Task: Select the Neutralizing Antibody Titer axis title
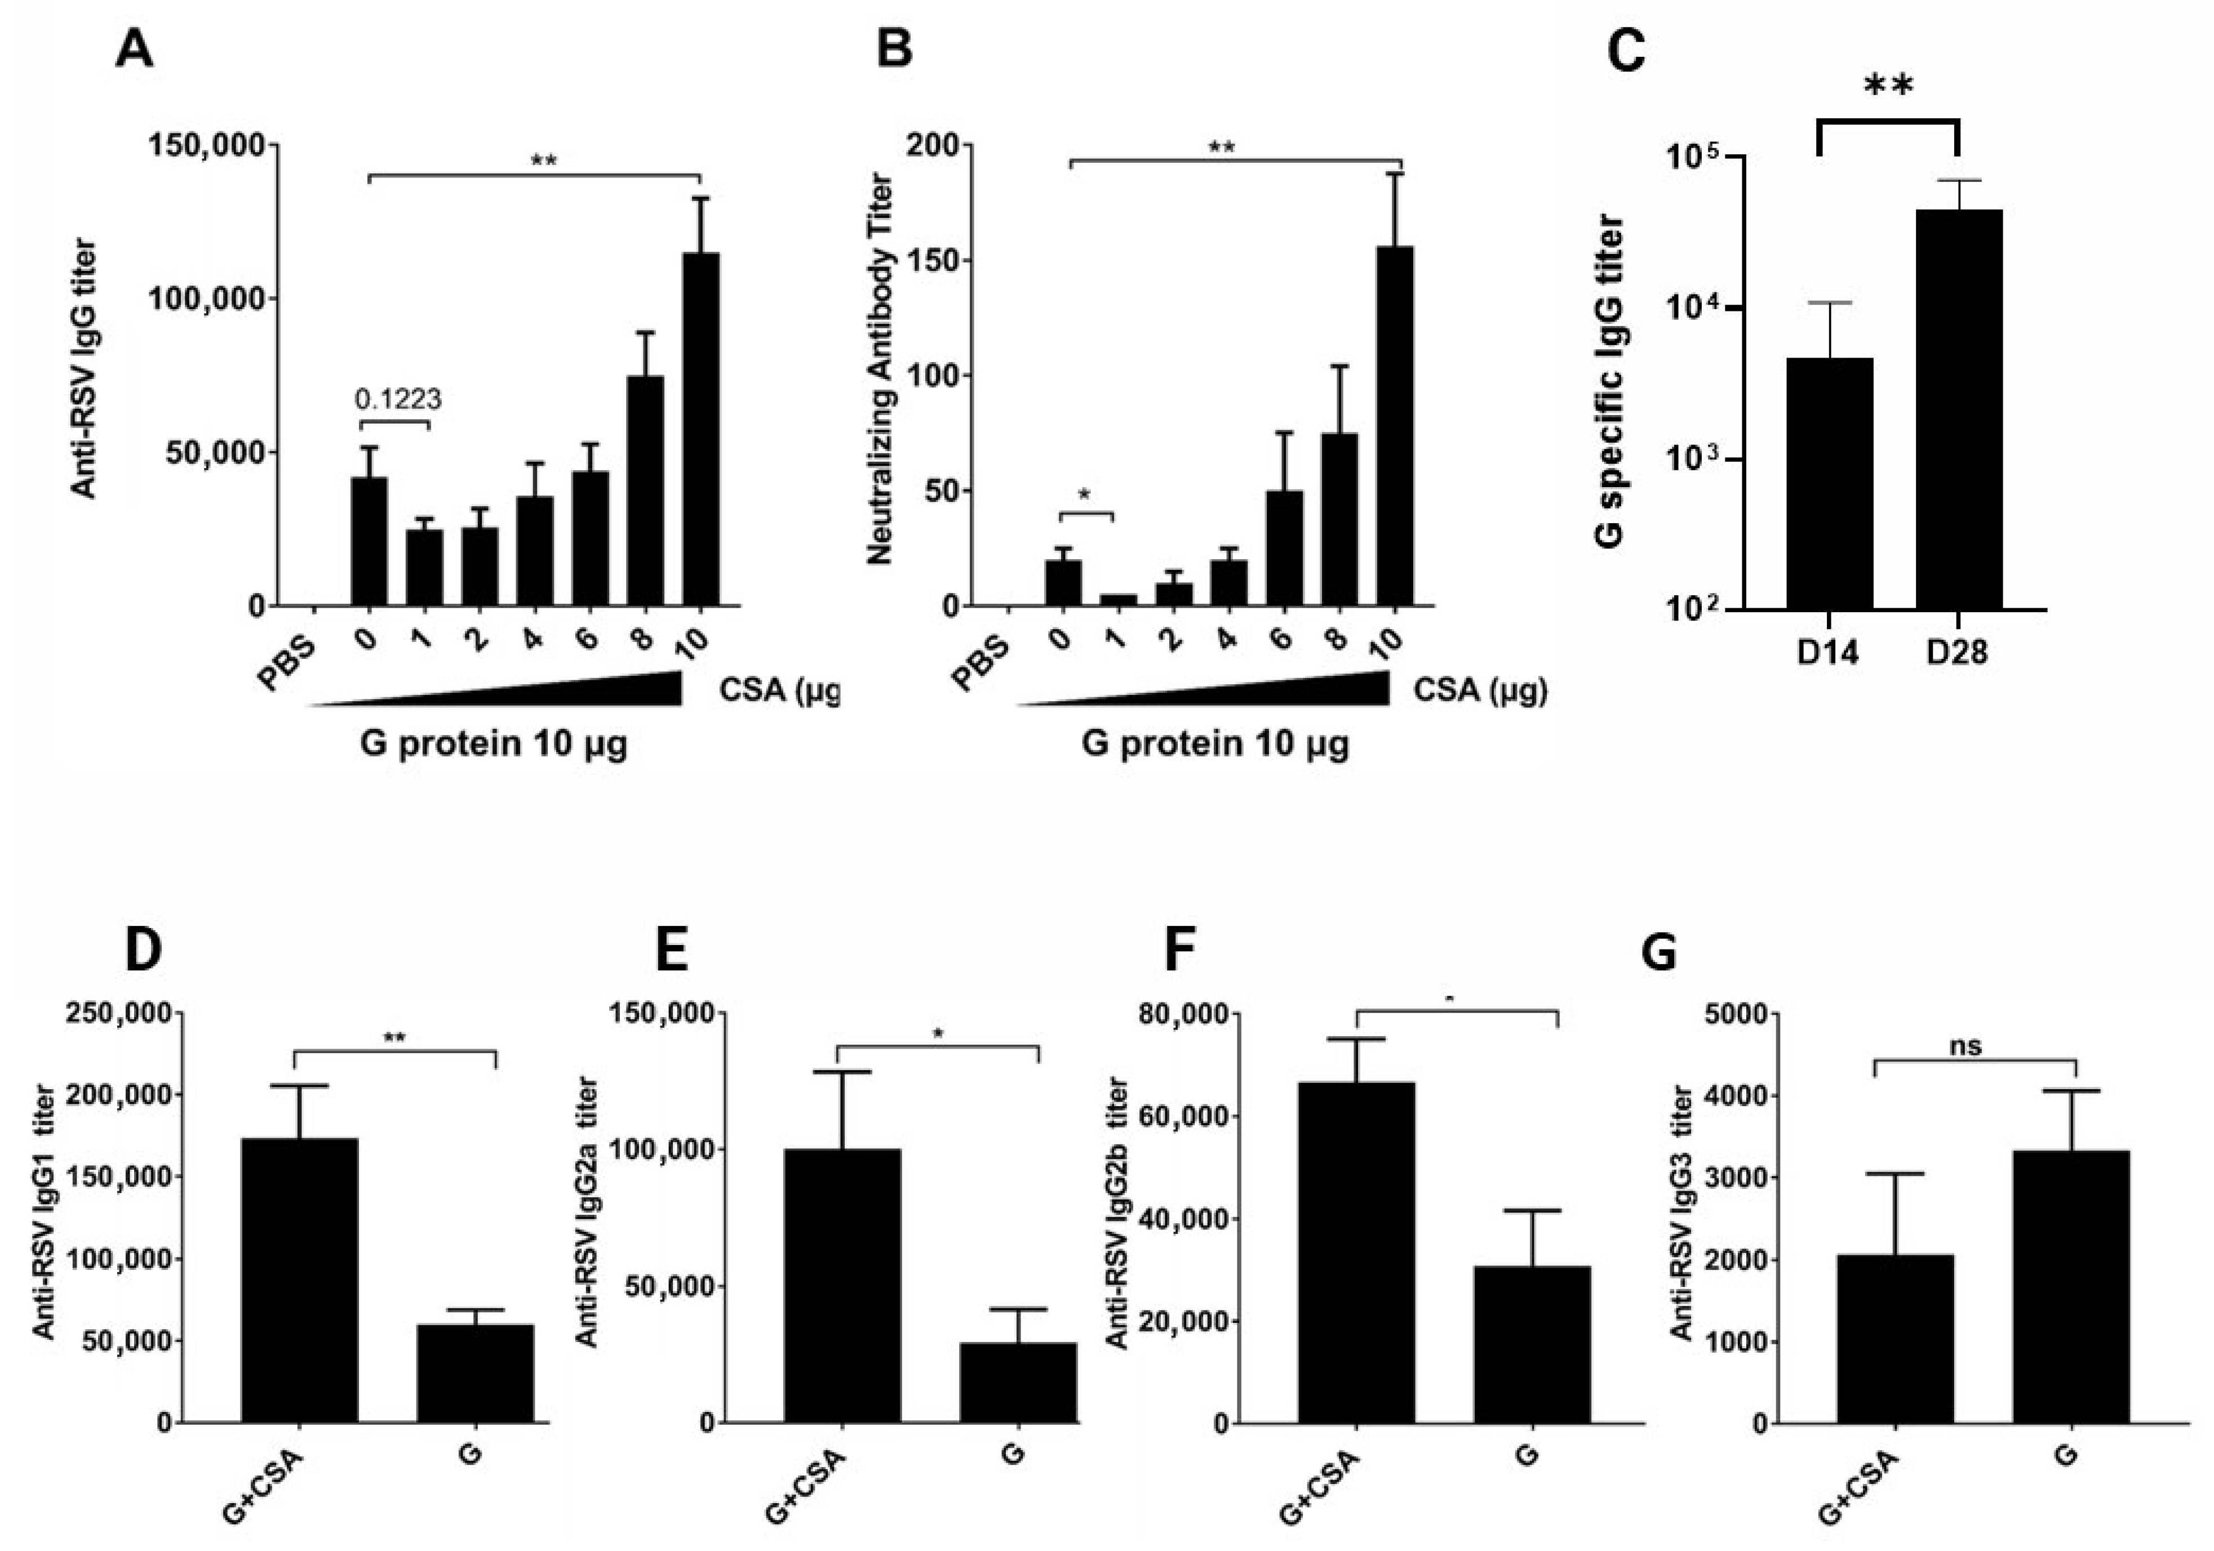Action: point(880,368)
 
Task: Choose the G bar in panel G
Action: point(2070,1285)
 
